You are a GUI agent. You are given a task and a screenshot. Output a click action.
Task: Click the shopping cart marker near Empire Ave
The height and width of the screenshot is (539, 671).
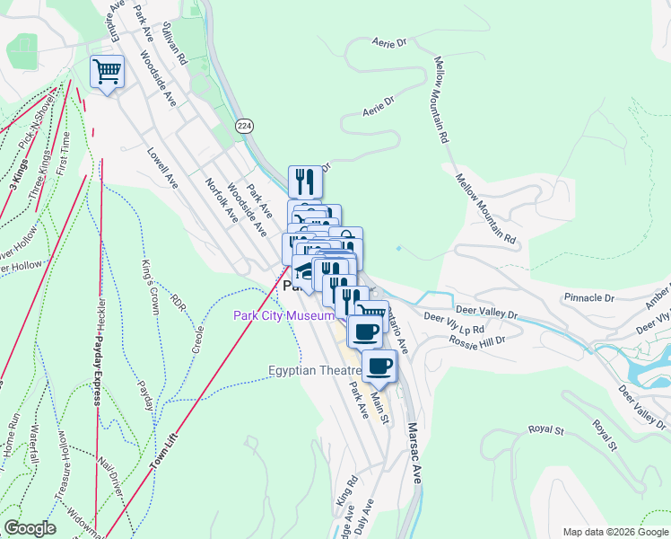click(107, 71)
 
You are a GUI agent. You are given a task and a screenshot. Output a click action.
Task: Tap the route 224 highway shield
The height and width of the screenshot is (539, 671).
click(243, 127)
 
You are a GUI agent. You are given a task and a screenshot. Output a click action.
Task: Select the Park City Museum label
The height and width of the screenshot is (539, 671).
click(283, 315)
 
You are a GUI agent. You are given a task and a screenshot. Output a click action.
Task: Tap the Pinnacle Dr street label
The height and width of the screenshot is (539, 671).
click(589, 296)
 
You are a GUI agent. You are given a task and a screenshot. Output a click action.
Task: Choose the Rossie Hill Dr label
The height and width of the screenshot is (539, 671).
click(477, 341)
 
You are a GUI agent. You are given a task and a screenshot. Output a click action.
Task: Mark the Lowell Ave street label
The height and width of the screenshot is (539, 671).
click(162, 167)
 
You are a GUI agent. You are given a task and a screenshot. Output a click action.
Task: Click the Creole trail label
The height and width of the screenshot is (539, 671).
click(198, 337)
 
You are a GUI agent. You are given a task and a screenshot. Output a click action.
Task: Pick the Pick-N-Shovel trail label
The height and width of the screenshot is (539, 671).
click(37, 104)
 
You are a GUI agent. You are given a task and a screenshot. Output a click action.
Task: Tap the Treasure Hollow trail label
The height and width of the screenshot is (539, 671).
click(63, 465)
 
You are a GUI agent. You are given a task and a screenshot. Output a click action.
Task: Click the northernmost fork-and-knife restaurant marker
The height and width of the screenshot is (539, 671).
click(305, 182)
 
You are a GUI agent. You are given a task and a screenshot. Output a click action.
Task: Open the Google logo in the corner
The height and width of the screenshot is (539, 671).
click(30, 528)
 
